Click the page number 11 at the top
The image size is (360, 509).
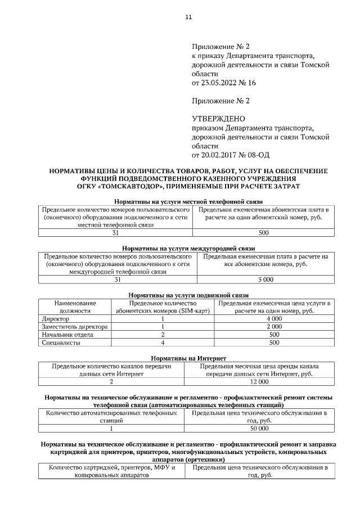(x=188, y=17)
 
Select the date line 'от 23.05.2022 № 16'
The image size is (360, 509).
(x=224, y=83)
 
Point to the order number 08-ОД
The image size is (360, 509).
(x=267, y=155)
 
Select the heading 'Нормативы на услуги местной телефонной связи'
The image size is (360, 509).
(x=188, y=202)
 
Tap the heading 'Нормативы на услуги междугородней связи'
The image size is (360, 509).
(x=188, y=248)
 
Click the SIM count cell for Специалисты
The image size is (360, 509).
(x=163, y=342)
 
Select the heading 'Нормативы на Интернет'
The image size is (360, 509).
(x=188, y=358)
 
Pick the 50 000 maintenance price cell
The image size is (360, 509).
(x=259, y=429)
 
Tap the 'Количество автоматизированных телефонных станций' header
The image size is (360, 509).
(x=111, y=417)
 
